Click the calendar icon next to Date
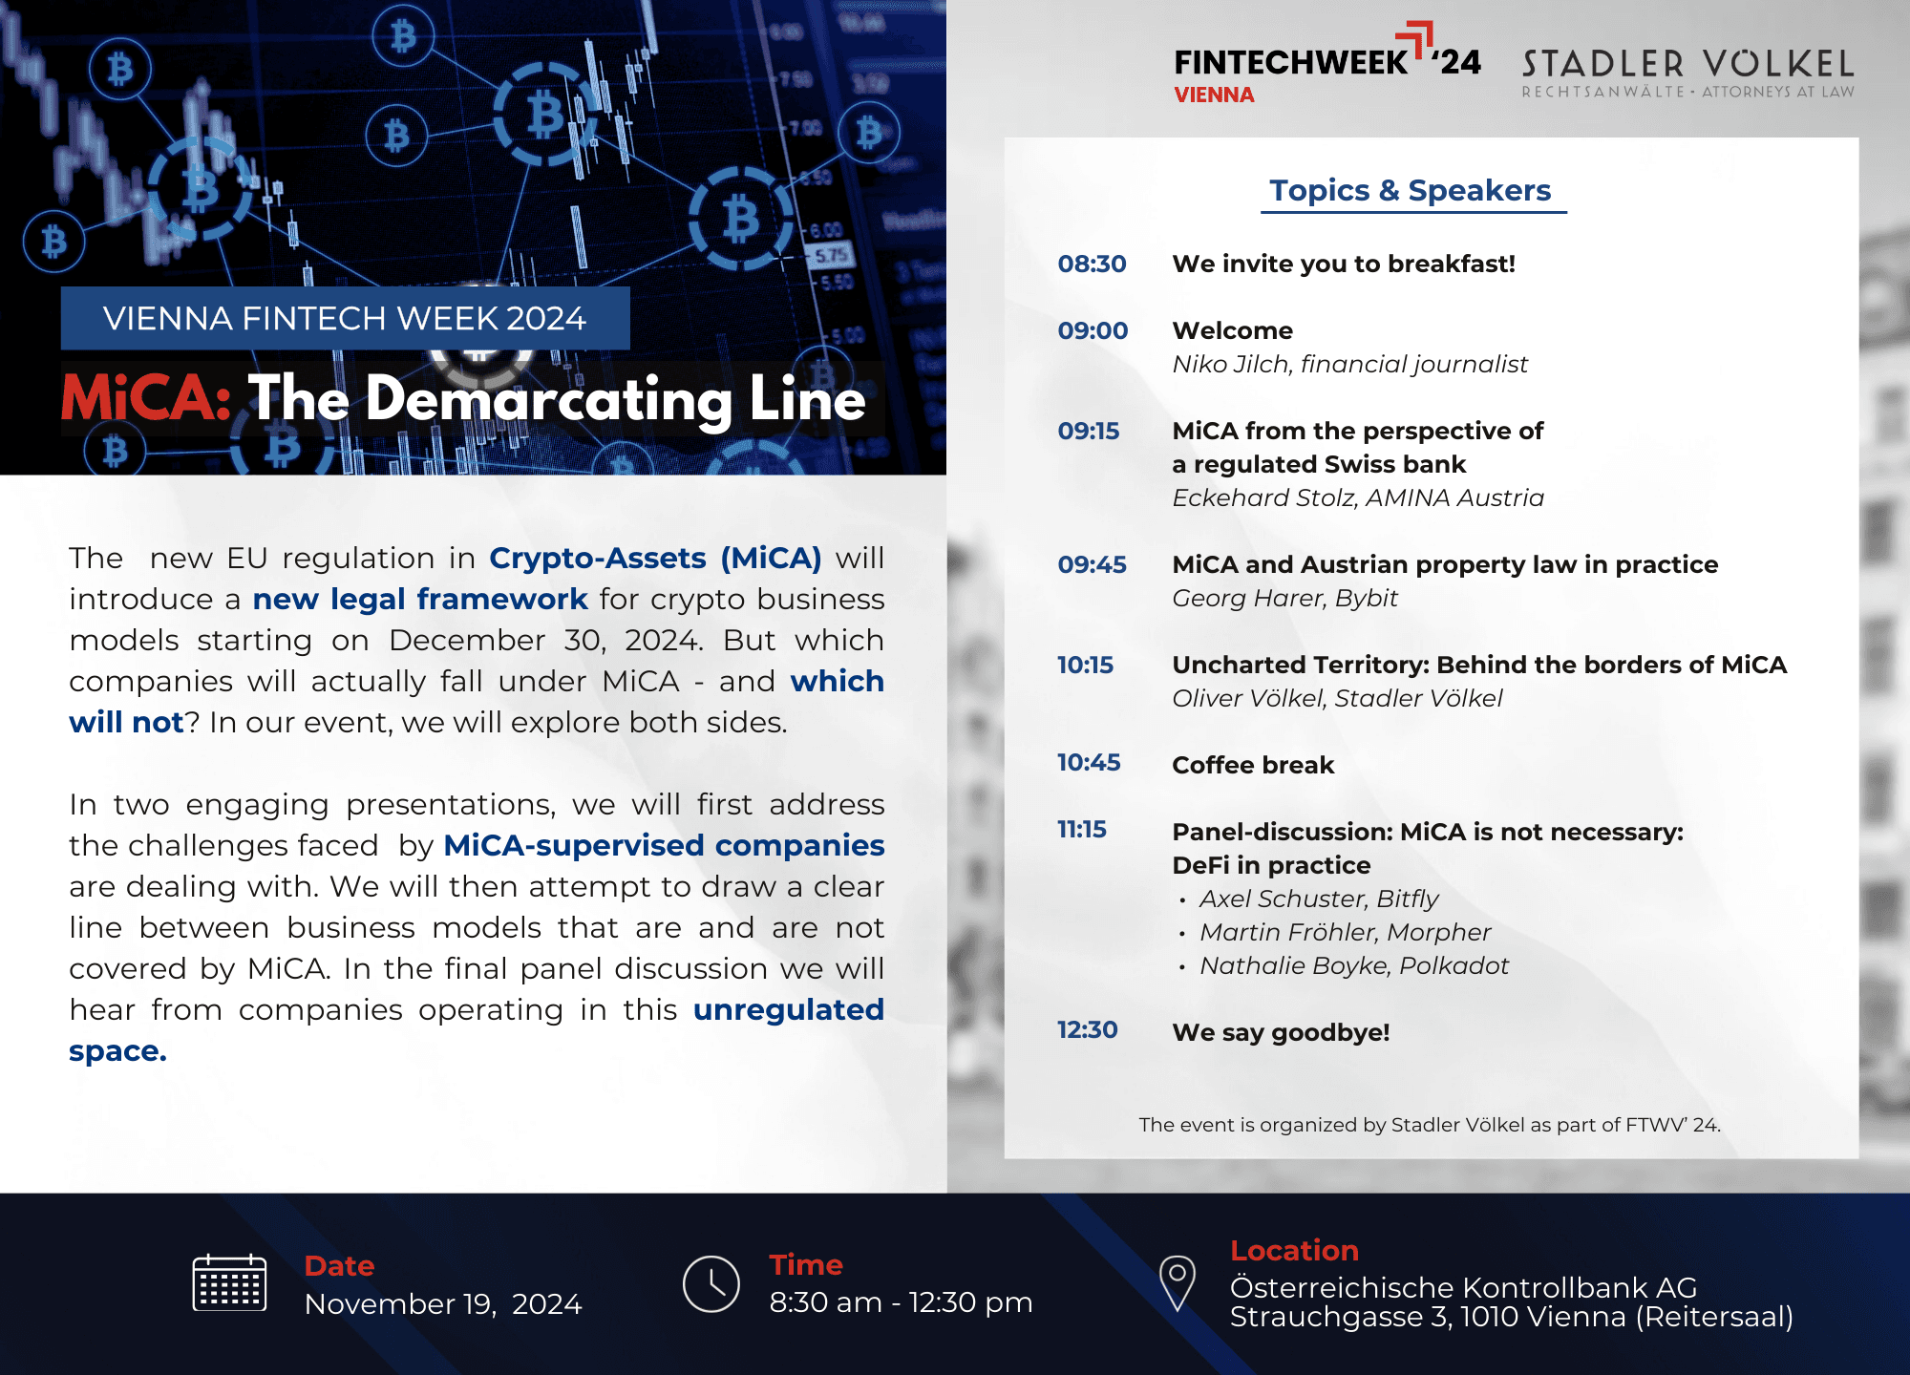tap(229, 1282)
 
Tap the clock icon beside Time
tap(711, 1283)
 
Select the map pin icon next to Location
tap(1178, 1282)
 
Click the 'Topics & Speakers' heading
tap(1411, 190)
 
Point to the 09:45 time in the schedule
tap(1092, 564)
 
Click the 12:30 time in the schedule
tap(1087, 1029)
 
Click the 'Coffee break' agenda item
tap(1253, 765)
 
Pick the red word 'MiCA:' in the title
tap(146, 397)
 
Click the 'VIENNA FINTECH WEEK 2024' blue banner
tap(345, 318)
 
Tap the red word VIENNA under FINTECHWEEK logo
tap(1214, 95)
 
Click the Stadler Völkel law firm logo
tap(1688, 73)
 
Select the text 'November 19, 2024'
tap(443, 1303)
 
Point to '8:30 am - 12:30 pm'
tap(901, 1301)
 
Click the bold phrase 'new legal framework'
tap(420, 599)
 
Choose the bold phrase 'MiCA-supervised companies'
tap(665, 845)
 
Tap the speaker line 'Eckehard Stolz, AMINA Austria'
tap(1358, 497)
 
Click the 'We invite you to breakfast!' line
tap(1344, 264)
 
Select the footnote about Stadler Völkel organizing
tap(1430, 1125)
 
